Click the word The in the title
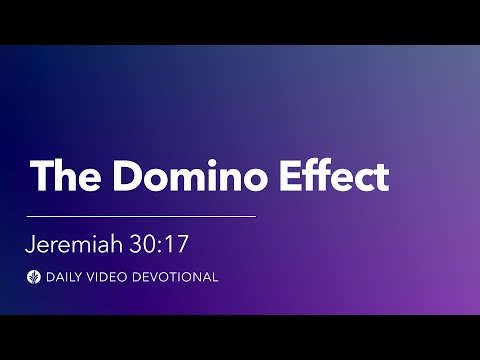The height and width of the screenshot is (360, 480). [66, 176]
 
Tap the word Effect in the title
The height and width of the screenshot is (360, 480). [335, 176]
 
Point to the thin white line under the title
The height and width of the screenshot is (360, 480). [141, 215]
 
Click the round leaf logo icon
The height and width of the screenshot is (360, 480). [34, 277]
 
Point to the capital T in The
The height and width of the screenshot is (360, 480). [43, 176]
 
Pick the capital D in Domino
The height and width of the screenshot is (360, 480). [125, 176]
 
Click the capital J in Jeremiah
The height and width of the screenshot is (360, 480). [32, 243]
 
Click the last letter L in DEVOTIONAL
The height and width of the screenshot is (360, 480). [214, 277]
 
